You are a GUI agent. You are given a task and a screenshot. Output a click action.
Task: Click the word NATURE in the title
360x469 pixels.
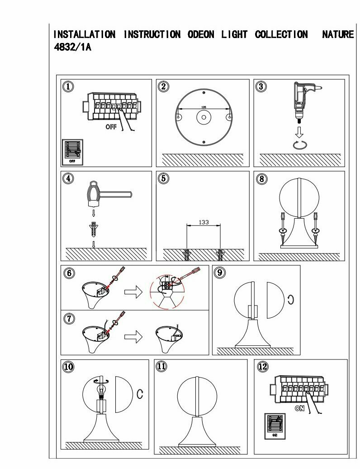(337, 34)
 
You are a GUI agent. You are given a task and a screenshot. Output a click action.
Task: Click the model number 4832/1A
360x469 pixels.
(72, 47)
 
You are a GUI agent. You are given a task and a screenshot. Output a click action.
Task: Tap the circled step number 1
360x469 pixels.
(68, 86)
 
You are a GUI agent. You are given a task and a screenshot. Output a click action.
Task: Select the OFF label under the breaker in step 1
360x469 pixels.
(111, 127)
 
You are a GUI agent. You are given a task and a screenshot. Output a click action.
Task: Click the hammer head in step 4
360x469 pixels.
(93, 193)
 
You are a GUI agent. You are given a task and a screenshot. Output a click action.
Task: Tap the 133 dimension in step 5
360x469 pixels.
(204, 222)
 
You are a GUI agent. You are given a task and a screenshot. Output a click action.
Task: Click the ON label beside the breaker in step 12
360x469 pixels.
(299, 408)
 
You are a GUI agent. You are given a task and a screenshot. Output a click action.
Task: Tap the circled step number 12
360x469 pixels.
(262, 366)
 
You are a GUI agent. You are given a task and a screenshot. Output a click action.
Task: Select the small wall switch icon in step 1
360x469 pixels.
(72, 152)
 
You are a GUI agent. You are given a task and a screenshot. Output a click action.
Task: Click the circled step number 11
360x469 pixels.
(161, 366)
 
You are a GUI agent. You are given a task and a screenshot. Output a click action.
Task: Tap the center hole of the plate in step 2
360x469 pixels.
(203, 117)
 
